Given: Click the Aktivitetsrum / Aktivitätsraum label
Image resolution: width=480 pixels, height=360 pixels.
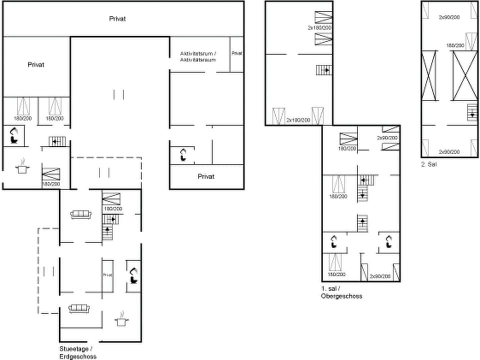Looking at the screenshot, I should point(198,56).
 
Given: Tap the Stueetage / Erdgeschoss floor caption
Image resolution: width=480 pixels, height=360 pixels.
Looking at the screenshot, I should point(77,352).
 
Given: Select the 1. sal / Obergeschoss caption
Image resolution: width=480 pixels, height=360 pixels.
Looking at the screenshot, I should point(341,292).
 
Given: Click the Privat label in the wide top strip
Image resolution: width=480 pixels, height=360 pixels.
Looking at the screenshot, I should point(117,19).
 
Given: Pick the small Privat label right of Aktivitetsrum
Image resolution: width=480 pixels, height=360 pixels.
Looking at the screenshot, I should point(237,53).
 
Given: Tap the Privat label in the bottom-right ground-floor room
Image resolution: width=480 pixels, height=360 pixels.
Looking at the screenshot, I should point(206,176).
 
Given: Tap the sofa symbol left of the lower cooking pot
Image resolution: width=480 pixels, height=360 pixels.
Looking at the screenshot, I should point(78,308).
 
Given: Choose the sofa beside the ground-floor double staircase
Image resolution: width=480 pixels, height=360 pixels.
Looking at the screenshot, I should point(80,214).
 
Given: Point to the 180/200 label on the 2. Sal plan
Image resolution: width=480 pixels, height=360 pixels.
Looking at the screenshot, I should point(455,45).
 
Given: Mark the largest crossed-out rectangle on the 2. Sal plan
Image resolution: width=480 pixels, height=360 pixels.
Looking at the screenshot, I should point(465,75).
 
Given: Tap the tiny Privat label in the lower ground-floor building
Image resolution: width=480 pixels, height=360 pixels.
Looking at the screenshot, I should point(107,274).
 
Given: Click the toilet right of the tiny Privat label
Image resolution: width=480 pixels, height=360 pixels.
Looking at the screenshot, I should point(134,274).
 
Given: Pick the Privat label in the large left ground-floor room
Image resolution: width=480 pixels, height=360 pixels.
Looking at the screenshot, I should point(36,64).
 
